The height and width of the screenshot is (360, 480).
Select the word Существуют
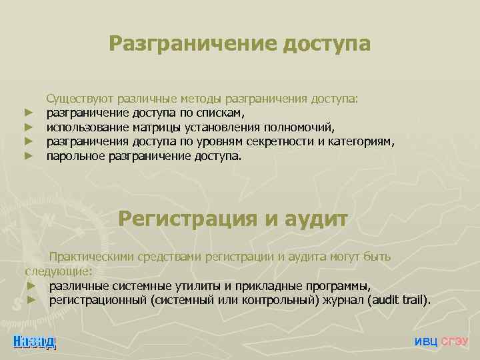click(80, 99)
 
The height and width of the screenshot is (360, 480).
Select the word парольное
click(73, 156)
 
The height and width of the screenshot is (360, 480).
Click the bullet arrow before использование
click(29, 127)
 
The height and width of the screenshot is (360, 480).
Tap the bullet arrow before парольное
click(29, 156)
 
